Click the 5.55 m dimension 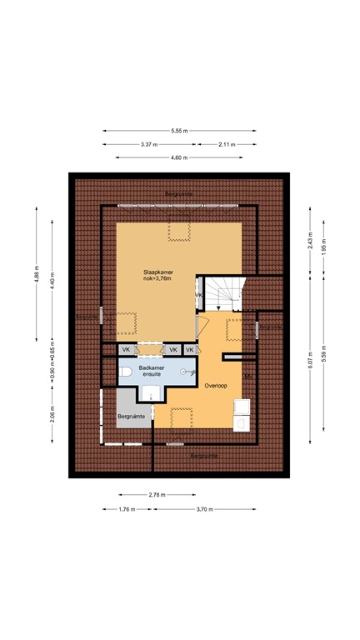[x=180, y=131]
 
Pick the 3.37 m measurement [x=150, y=144]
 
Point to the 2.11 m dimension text [x=225, y=144]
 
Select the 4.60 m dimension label [x=180, y=157]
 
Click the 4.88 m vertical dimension [x=37, y=274]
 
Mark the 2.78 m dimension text [x=156, y=496]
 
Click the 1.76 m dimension [x=126, y=509]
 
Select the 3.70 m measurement [x=204, y=509]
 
